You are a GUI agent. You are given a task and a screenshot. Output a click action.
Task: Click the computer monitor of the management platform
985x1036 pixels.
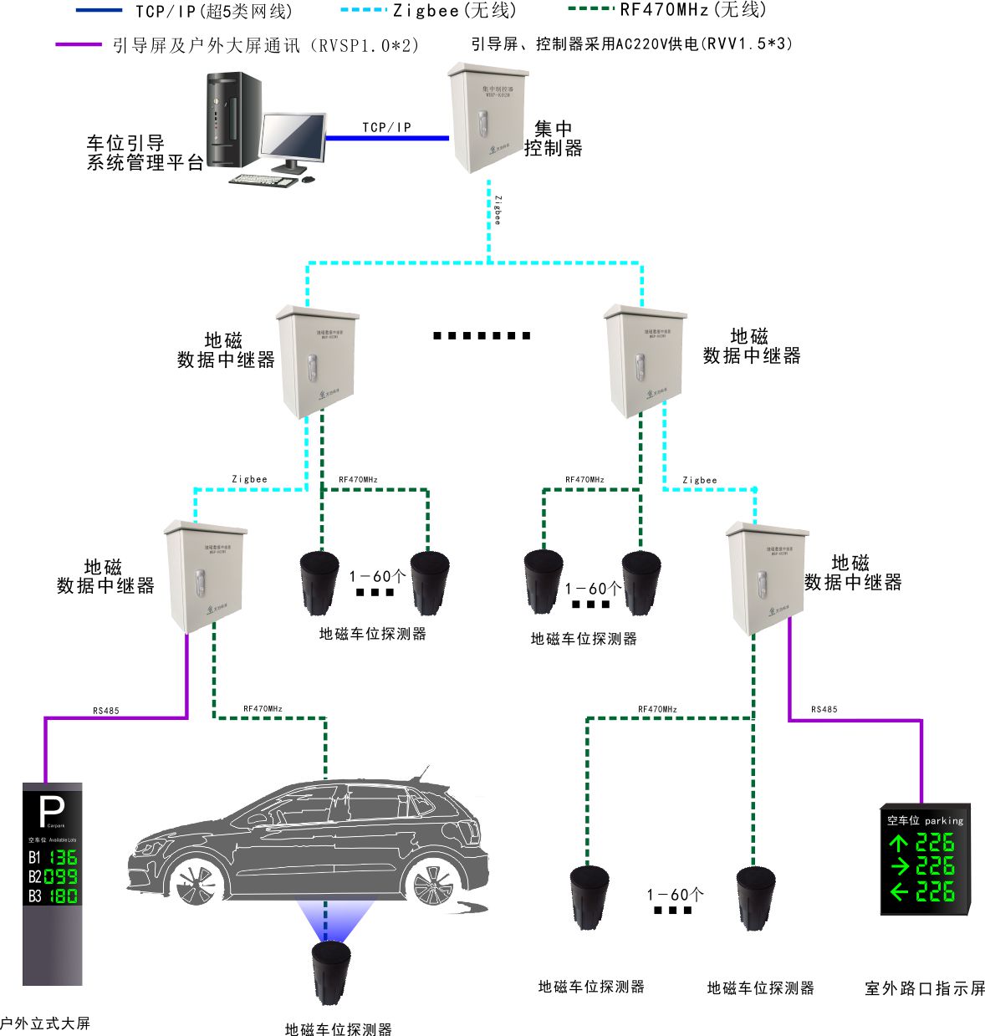coord(292,136)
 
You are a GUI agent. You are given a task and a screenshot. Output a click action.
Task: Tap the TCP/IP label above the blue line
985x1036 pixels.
coord(386,127)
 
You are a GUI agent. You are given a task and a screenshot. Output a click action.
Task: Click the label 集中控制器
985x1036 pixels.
coord(553,139)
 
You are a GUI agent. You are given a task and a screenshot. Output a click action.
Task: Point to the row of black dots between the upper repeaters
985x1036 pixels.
coord(482,336)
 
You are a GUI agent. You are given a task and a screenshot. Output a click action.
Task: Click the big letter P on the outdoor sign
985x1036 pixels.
coord(52,811)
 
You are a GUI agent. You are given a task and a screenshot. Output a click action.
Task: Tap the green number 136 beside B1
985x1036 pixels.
coord(63,857)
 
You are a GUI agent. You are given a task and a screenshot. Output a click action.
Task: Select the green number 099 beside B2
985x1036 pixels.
coord(61,876)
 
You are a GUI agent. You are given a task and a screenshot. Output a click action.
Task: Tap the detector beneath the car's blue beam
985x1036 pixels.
coord(332,971)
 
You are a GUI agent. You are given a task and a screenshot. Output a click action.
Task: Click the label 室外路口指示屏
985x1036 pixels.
coord(925,988)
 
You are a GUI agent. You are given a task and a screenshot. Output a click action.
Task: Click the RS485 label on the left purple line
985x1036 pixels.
coord(106,711)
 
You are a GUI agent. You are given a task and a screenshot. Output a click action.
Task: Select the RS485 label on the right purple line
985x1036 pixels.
coord(824,709)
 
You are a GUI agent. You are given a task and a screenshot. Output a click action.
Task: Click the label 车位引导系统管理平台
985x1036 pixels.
coord(145,153)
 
